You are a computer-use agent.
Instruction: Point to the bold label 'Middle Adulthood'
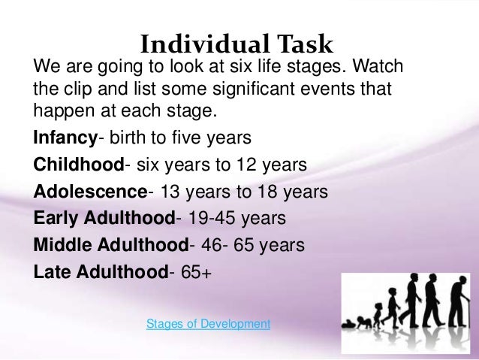click(x=109, y=244)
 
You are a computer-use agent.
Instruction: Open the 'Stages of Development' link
click(x=208, y=324)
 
